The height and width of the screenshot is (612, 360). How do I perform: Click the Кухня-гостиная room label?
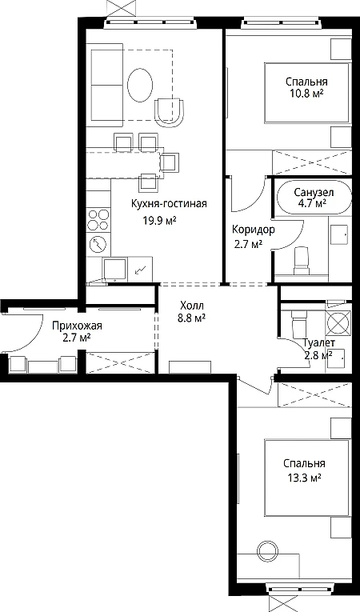(169, 204)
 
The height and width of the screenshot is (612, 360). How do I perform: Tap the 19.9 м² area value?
(160, 221)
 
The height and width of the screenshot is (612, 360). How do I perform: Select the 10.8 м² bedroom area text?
(306, 94)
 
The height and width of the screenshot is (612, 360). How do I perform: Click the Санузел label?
(314, 193)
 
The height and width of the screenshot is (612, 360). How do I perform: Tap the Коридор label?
(254, 230)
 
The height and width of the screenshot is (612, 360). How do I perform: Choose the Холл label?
(192, 306)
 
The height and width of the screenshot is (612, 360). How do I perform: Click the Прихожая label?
(78, 325)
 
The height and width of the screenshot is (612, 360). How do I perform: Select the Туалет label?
(318, 343)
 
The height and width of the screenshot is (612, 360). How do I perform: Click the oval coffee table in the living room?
(140, 85)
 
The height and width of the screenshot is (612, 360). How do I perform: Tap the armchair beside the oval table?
(170, 113)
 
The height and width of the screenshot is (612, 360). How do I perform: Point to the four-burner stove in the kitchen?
(98, 220)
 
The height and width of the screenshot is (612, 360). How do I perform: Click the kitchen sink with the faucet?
(114, 269)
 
